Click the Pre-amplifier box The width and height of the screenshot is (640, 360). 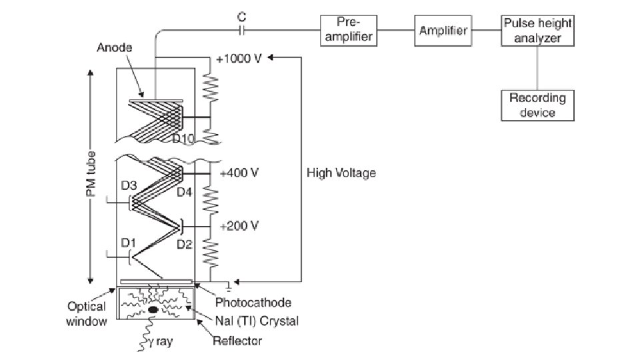coord(349,31)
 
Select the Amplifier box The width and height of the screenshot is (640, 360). coord(443,31)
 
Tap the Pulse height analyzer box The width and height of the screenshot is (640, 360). coord(537,31)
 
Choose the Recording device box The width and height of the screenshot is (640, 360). coord(537,105)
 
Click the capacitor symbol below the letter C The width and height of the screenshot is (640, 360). coord(241,30)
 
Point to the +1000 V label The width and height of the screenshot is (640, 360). coord(239,59)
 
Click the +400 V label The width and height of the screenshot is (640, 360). coord(239,173)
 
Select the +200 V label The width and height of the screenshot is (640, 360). coord(239,226)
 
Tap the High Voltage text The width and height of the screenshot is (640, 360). coord(341,173)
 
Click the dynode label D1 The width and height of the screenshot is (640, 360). coord(129,243)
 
